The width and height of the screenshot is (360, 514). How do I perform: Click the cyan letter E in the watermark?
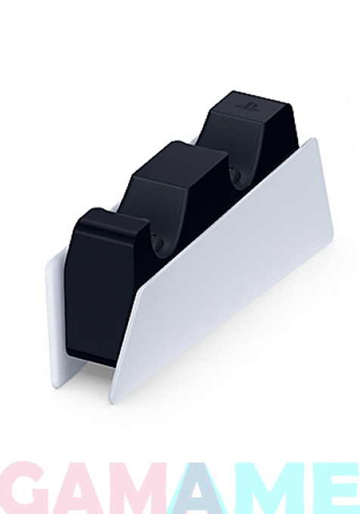click(332, 488)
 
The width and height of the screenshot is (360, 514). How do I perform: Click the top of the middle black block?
click(180, 160)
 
